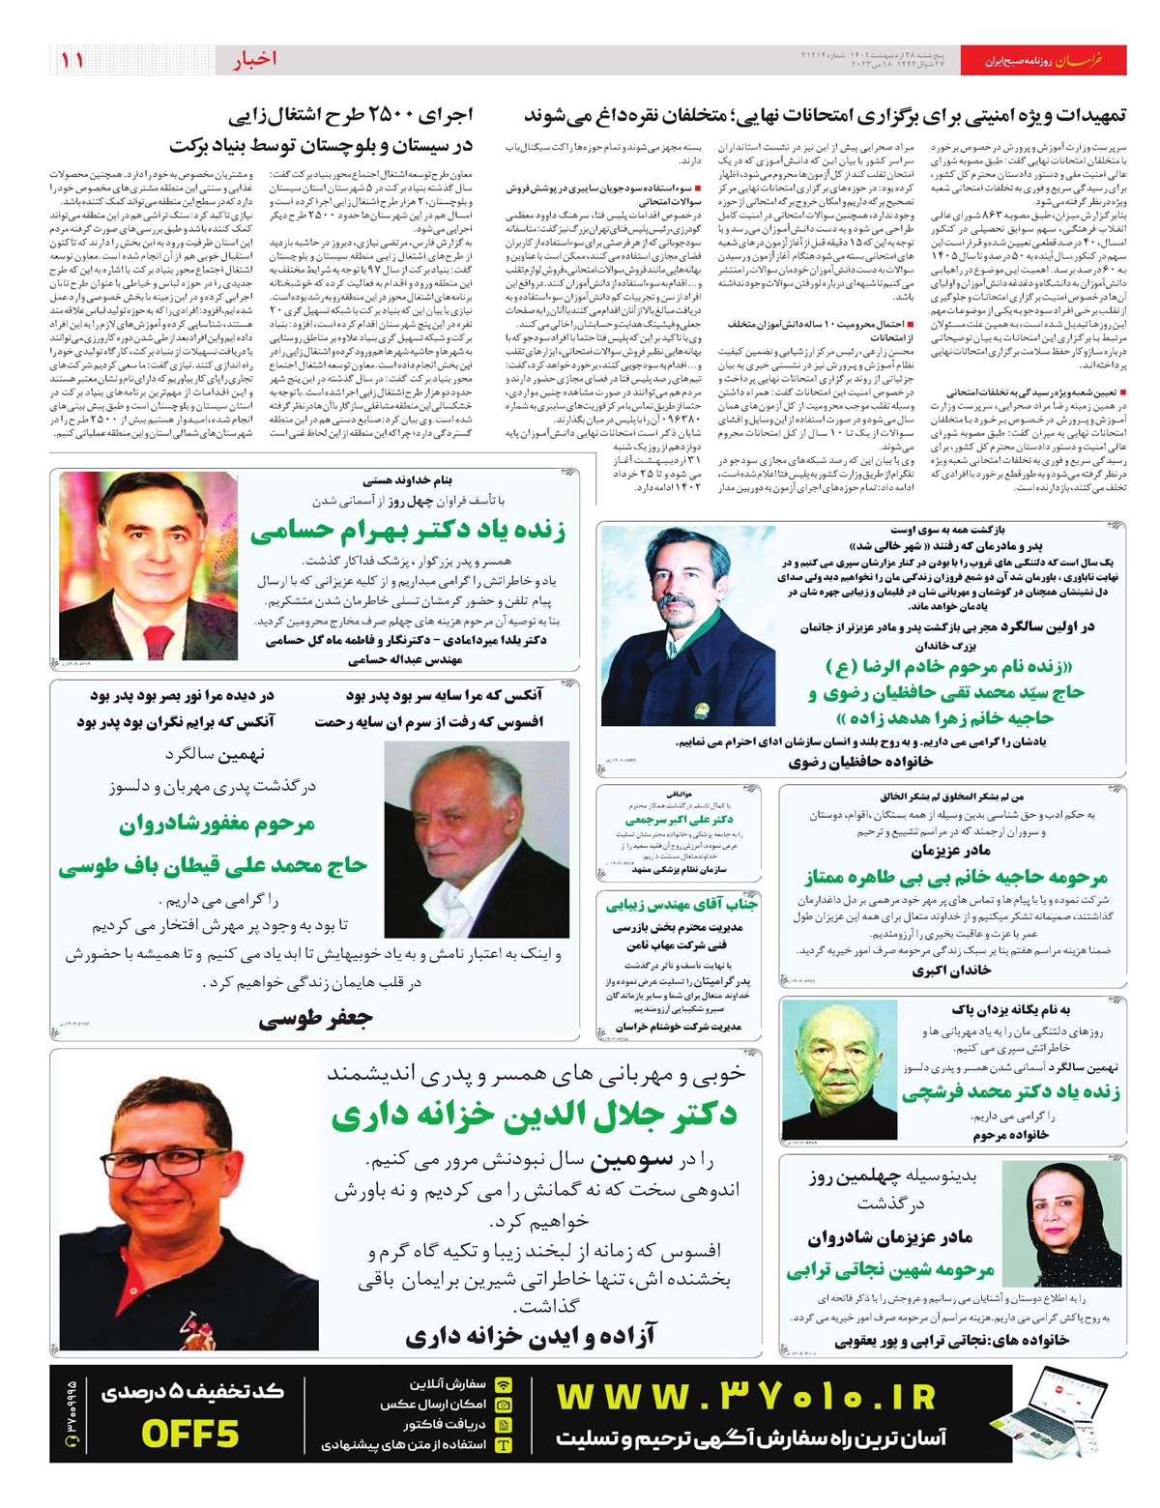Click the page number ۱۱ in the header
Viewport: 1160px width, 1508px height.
tap(72, 60)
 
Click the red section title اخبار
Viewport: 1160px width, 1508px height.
tap(253, 60)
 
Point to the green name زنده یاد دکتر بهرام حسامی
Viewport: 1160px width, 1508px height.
tap(408, 531)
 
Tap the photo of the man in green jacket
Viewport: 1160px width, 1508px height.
tap(688, 624)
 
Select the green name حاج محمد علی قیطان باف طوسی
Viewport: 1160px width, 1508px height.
tap(213, 865)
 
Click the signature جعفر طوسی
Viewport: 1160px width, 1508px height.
tap(315, 1018)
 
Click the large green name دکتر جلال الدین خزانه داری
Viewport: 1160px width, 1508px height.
tap(535, 1115)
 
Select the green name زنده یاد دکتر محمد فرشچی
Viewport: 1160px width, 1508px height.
tap(1011, 1092)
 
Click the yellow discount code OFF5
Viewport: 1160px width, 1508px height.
tap(190, 1434)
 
